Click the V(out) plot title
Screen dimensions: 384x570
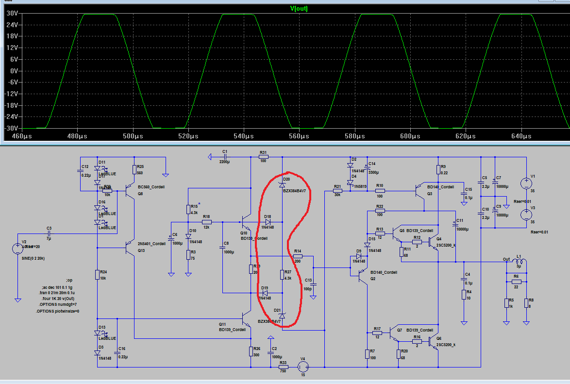coord(299,9)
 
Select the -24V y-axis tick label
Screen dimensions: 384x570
coord(10,117)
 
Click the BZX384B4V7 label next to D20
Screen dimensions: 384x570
coord(294,191)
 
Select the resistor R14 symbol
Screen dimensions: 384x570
coord(298,256)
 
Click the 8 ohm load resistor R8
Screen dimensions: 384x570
coord(526,303)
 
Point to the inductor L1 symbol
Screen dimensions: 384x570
coord(519,263)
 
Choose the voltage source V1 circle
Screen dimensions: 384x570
coord(526,184)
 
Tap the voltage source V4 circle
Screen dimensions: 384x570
coord(303,367)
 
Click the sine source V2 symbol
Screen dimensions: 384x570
coord(17,248)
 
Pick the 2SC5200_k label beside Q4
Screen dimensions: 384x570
coord(446,245)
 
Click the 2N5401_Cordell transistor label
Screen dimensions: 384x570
coord(152,244)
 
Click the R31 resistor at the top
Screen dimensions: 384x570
coord(264,157)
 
